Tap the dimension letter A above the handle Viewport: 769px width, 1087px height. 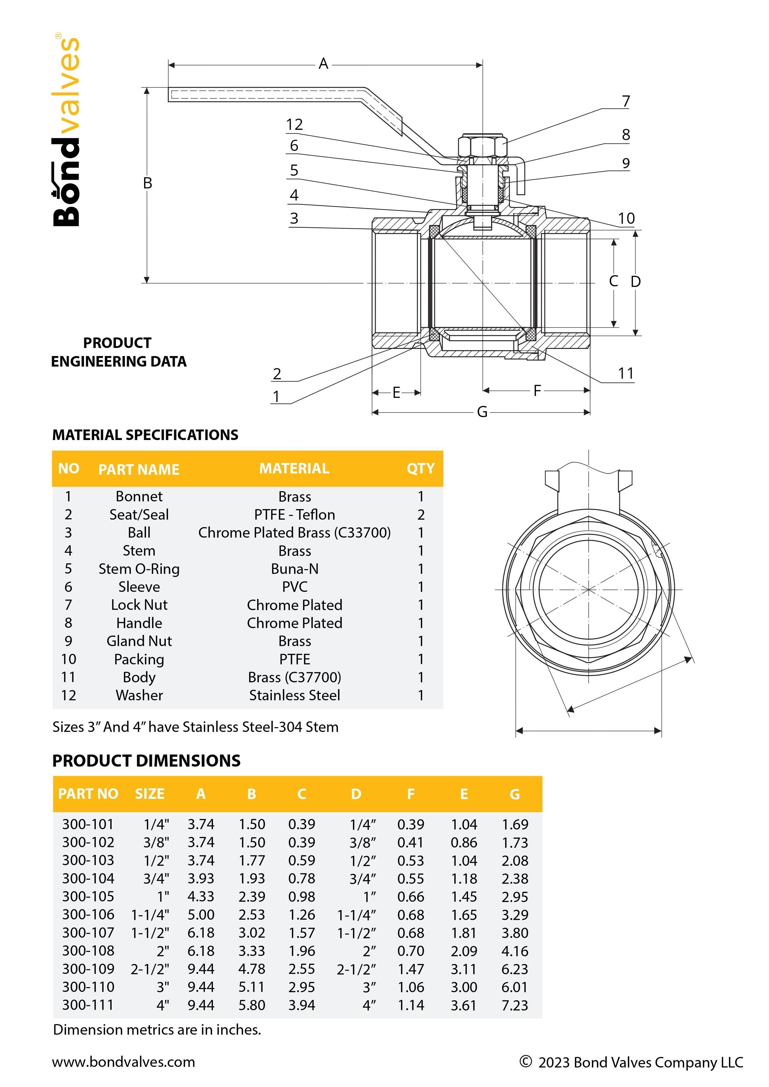coord(323,64)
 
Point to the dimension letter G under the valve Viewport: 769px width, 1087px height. coord(482,412)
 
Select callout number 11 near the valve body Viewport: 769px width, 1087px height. coord(625,373)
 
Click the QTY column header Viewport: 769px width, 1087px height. coord(420,469)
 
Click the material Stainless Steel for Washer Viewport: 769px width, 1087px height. coord(294,695)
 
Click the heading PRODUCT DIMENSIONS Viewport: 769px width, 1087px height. coord(146,760)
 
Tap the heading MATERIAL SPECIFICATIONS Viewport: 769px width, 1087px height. coord(145,435)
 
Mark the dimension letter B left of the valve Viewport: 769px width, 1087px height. coord(147,183)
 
